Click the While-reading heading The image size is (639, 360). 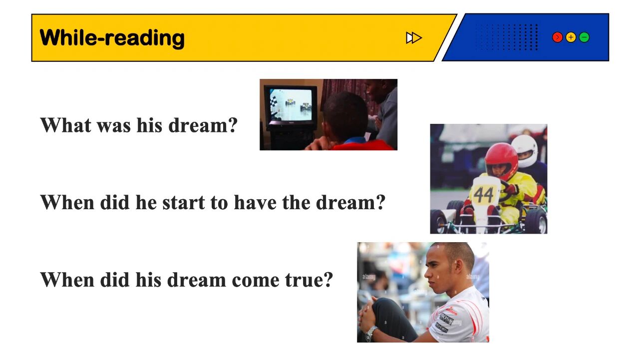coord(112,38)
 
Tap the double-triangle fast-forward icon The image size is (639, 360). coord(414,38)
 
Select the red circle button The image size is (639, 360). coord(558,37)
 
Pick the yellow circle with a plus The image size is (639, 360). coord(571,37)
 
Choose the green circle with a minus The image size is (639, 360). coord(584,37)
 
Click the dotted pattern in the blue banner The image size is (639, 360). coord(506,37)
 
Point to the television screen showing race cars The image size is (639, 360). coord(291,106)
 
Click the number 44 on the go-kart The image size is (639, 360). coord(483,195)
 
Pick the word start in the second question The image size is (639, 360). coord(183,203)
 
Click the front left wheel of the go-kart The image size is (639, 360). coord(439,221)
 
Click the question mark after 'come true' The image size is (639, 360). coord(327,280)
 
